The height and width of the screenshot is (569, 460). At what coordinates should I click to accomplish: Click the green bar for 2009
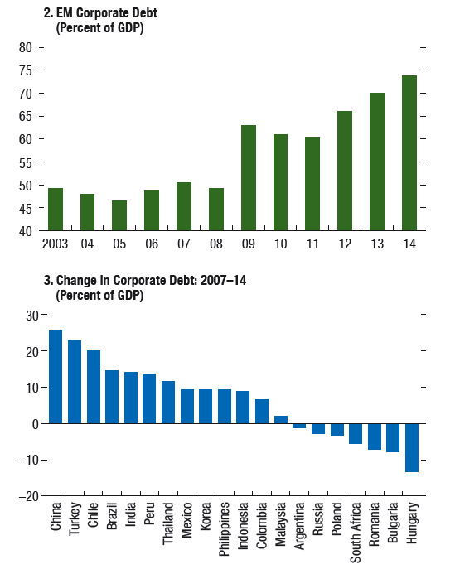point(249,178)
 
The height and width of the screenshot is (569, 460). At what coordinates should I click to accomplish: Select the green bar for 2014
point(409,153)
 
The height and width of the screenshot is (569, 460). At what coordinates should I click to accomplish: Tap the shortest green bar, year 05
point(119,215)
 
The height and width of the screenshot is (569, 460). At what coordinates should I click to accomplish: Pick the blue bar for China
point(56,377)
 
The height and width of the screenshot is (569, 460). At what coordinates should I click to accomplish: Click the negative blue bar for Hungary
point(412,448)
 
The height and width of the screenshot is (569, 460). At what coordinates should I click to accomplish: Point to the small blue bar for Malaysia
point(281,420)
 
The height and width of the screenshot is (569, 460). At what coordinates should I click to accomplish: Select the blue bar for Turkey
point(75,382)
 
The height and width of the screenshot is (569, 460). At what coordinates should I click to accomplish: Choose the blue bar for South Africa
point(356,434)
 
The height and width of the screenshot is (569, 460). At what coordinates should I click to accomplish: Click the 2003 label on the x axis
point(56,244)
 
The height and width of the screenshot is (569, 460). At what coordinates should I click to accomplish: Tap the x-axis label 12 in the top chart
point(345,244)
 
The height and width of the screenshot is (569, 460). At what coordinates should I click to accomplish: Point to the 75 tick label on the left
point(26,70)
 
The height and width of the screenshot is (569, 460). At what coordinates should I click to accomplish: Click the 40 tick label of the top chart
point(26,231)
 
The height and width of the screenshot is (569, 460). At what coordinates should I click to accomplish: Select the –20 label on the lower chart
point(29,495)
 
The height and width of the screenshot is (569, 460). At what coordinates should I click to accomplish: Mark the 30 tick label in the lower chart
point(32,316)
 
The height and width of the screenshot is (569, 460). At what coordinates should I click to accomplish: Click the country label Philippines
point(225,528)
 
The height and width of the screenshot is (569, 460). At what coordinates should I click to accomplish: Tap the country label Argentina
point(299,526)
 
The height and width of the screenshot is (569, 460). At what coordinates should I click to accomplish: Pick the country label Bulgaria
point(393,522)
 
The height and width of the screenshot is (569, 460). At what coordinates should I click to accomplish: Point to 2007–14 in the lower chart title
point(223,280)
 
